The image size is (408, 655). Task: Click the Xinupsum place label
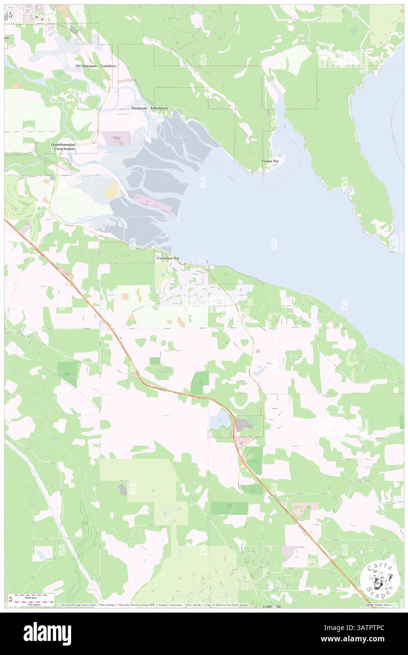tap(140, 108)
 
